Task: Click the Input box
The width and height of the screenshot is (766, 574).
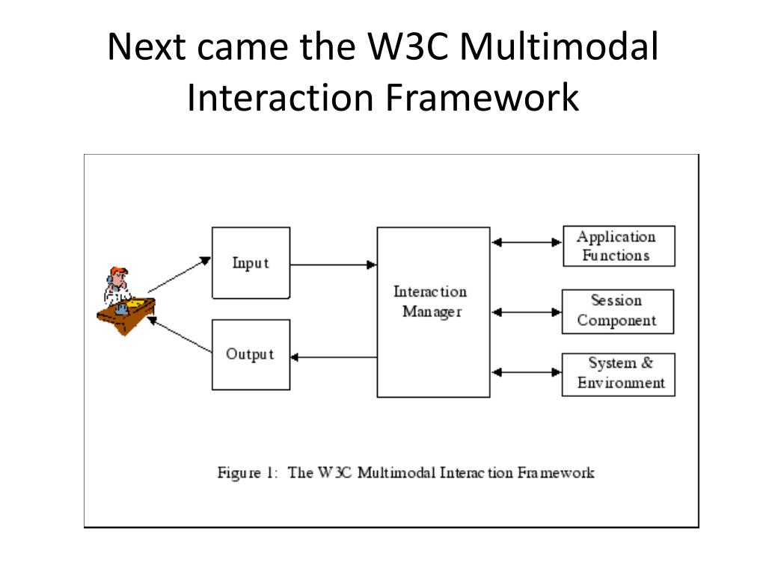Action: [x=251, y=262]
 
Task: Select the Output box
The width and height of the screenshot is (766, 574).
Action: [x=251, y=355]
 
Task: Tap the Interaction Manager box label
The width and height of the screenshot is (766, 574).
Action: [x=430, y=302]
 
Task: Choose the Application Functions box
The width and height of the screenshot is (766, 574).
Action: [x=619, y=246]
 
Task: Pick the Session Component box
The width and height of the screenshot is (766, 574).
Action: [x=618, y=312]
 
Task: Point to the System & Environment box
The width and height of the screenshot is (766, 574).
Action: [x=619, y=374]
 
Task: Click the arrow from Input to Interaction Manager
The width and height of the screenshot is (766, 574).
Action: [x=334, y=265]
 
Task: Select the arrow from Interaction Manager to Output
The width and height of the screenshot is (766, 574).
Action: [x=334, y=357]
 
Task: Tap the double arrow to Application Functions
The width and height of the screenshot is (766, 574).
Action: [x=527, y=242]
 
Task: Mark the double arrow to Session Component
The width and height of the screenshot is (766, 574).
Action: [x=527, y=312]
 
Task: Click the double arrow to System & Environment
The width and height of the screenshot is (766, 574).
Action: [x=527, y=372]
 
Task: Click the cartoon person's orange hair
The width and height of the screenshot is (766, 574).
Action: [x=119, y=271]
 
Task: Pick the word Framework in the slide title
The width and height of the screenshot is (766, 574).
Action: [x=482, y=97]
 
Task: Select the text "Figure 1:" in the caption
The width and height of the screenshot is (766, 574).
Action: [x=248, y=473]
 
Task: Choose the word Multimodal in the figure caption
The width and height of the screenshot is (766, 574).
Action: [x=396, y=472]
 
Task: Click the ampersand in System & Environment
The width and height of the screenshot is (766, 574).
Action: [x=647, y=362]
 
